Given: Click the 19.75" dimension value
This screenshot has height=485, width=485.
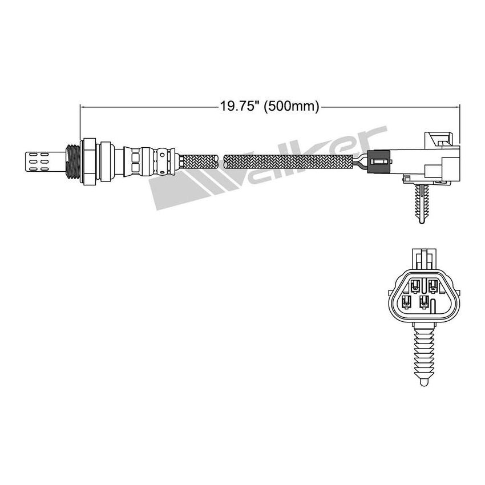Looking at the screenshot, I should click(239, 106).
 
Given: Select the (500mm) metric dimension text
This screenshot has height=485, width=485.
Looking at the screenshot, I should click(290, 106).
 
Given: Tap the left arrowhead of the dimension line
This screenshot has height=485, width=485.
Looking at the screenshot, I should click(83, 106).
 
